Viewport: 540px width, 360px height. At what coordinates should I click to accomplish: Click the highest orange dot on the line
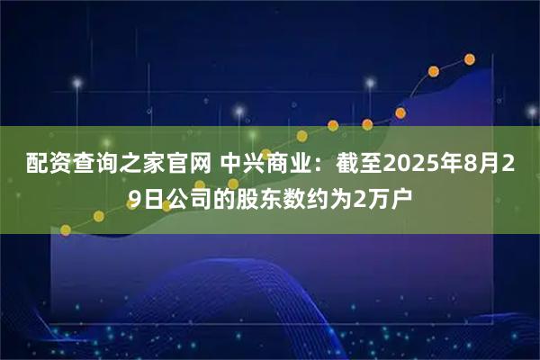click(x=470, y=59)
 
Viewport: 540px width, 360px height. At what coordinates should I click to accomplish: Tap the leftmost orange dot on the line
click(x=66, y=229)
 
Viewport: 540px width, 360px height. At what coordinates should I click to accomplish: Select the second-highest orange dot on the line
click(x=434, y=70)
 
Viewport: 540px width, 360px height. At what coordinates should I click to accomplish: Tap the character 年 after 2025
click(x=456, y=165)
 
